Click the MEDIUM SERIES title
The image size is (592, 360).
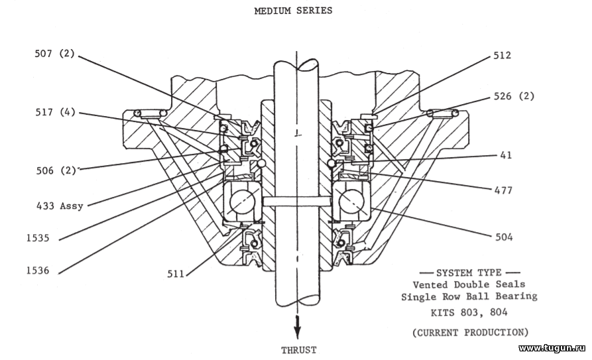[x=294, y=11]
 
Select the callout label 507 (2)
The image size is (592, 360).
[x=55, y=54]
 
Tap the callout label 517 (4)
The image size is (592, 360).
[x=55, y=112]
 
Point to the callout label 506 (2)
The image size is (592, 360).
[x=56, y=170]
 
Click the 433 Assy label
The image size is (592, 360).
[x=60, y=206]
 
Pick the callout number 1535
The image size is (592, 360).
[x=38, y=238]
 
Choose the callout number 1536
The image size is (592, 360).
[x=38, y=270]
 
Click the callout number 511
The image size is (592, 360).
[x=176, y=274]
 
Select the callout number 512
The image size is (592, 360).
[x=502, y=56]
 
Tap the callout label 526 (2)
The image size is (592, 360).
[x=514, y=96]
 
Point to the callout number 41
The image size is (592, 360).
[x=506, y=155]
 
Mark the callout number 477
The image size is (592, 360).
[x=504, y=190]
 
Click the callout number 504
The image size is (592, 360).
[x=504, y=237]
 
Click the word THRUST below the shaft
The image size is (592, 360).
[x=298, y=350]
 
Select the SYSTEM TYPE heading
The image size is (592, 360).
[x=469, y=272]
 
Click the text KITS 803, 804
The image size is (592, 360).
[x=469, y=312]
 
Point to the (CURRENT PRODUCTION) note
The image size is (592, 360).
[x=470, y=332]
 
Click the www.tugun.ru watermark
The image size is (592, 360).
[x=552, y=348]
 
